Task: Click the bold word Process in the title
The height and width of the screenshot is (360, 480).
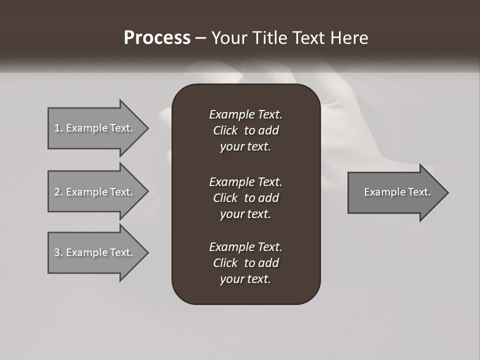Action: point(157,38)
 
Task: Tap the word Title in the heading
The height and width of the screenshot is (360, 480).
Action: point(270,38)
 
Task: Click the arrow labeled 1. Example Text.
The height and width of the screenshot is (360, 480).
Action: point(93,128)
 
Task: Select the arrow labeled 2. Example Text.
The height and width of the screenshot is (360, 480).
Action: point(93,192)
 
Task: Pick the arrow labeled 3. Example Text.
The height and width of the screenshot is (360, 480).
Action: point(93,252)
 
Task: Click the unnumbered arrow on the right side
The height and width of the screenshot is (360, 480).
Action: point(397,192)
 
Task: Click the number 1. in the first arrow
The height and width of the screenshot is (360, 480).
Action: point(58,128)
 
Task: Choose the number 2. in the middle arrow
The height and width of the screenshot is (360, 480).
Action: point(58,192)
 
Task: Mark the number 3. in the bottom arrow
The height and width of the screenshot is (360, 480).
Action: point(58,252)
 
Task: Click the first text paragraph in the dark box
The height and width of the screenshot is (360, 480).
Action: point(245,130)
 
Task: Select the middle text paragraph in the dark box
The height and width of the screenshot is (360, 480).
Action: point(245,198)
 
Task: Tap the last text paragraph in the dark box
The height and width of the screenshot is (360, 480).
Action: point(245,263)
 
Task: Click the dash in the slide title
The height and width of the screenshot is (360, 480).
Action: point(201,38)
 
